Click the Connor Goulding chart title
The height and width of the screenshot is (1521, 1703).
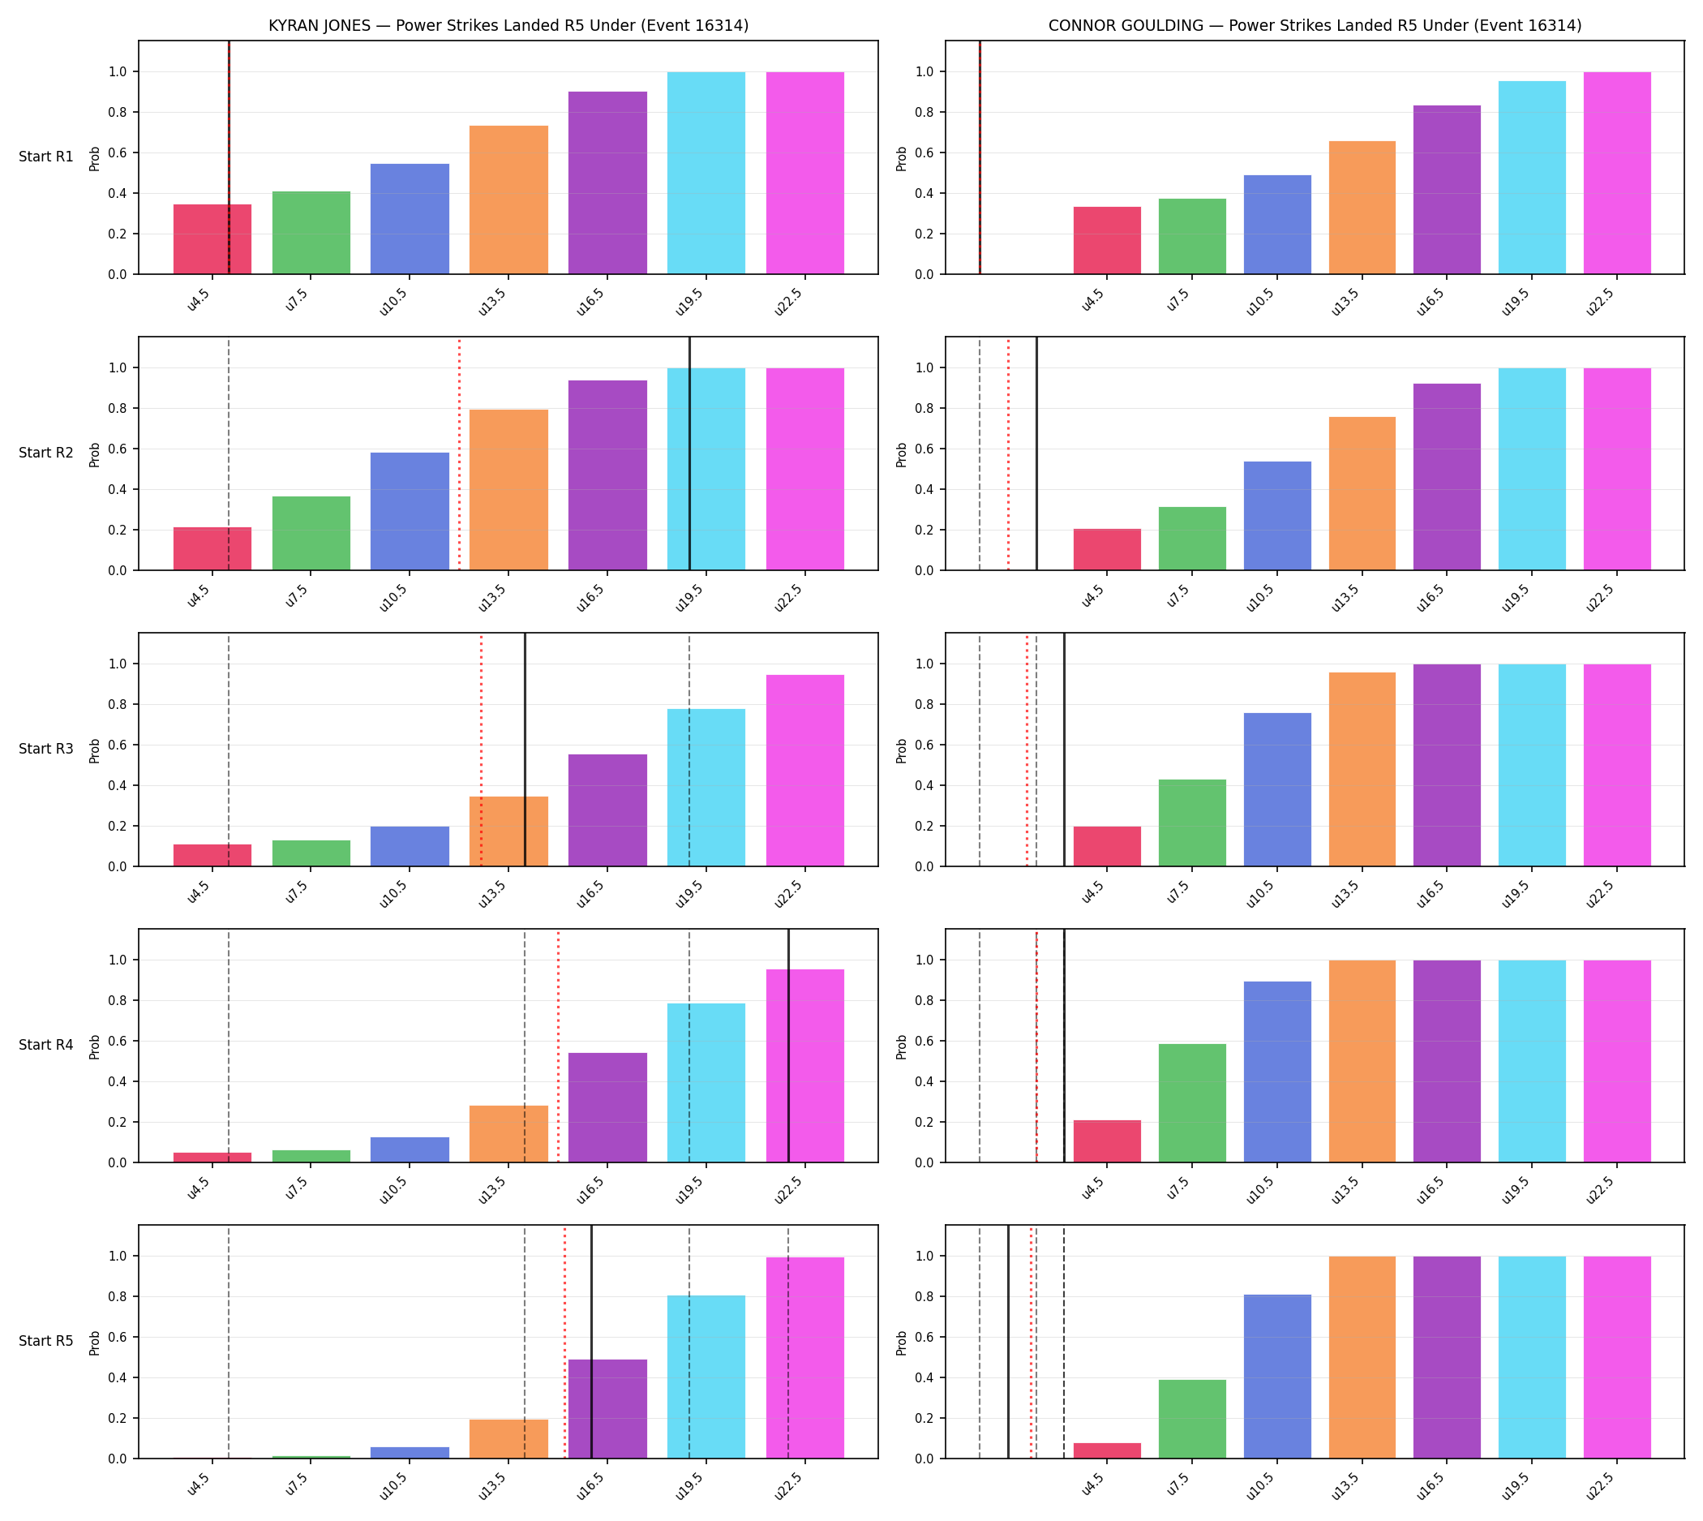(x=1315, y=26)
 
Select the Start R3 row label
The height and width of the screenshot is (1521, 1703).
(x=46, y=749)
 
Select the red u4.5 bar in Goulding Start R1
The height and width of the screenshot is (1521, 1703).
(x=1106, y=241)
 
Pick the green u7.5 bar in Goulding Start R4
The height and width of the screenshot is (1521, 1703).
(x=1191, y=1103)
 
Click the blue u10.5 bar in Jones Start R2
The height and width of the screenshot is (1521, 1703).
(x=410, y=511)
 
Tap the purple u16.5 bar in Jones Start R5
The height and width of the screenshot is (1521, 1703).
(x=607, y=1409)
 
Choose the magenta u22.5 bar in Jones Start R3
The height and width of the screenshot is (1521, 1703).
(x=804, y=771)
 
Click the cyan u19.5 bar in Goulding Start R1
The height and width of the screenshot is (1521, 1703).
(x=1531, y=177)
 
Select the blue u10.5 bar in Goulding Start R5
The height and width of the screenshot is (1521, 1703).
(x=1276, y=1377)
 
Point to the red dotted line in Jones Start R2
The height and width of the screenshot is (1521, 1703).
(x=459, y=453)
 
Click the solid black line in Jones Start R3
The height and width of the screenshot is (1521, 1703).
(x=525, y=750)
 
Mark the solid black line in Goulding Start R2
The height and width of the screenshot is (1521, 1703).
(x=1036, y=453)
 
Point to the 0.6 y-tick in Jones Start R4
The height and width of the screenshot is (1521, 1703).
(x=118, y=1042)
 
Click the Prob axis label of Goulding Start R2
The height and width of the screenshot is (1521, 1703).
(x=901, y=454)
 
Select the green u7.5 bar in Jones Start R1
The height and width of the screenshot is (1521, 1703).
(x=311, y=233)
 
